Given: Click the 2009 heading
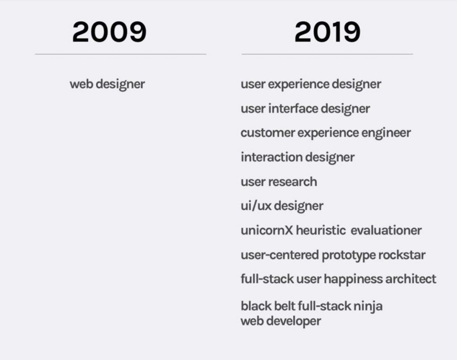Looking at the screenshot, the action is pos(109,32).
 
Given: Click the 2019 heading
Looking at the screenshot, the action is pos(327,32).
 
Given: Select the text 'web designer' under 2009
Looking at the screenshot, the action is pos(107,84).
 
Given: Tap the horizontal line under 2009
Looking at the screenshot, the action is pos(120,54).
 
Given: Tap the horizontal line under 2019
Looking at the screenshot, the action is pos(327,54).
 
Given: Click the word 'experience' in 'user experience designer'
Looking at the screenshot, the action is pos(299,85).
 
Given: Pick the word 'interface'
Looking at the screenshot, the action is pos(293,109).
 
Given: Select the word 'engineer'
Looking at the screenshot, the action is pos(386,133).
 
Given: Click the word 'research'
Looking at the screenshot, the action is pos(293,182).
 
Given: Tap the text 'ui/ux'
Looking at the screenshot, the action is pos(256,206).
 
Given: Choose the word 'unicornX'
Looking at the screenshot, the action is pos(267,230).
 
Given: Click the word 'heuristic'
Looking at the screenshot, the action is pos(321,230).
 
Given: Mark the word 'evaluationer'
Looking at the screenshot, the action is pos(386,230).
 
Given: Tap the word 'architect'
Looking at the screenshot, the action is pos(411,279).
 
